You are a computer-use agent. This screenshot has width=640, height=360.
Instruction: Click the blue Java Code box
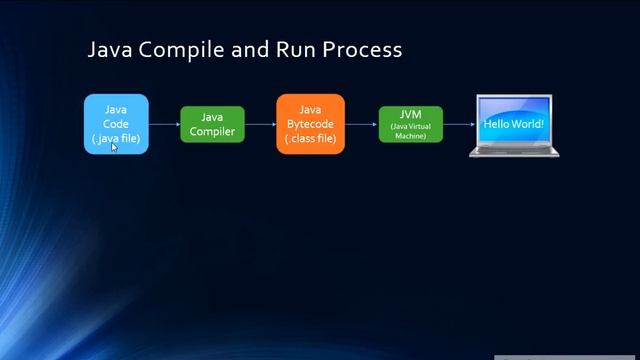point(116,123)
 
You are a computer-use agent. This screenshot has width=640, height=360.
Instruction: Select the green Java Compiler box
point(212,124)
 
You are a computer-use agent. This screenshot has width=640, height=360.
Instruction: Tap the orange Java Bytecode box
point(310,124)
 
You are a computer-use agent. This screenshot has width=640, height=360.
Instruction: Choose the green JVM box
point(410,124)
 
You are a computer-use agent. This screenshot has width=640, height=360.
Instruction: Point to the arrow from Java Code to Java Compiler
point(164,124)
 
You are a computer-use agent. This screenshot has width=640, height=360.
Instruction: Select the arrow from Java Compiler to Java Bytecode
point(260,124)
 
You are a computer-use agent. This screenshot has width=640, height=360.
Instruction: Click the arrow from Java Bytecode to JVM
point(361,124)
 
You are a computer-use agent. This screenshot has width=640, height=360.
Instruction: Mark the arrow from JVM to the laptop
point(458,124)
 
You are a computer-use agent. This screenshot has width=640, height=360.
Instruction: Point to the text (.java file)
point(116,138)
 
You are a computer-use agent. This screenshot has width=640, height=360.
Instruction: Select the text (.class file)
point(310,138)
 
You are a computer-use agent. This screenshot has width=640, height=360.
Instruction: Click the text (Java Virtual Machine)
point(410,131)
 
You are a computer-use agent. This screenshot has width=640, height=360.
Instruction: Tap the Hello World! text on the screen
point(514,124)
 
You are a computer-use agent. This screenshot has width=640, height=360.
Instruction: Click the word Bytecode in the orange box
point(310,124)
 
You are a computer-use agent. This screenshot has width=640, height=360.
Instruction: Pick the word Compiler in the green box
point(212,131)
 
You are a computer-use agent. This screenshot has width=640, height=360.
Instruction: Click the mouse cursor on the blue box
point(114,147)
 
